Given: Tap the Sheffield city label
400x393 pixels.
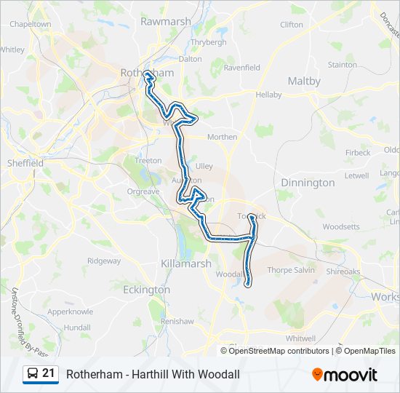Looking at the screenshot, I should coord(25,164).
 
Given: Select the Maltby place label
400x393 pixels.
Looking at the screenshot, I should coord(304,82).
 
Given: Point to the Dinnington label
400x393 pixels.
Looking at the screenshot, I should coord(308,183).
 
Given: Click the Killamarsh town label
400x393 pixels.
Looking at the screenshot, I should coord(185,263).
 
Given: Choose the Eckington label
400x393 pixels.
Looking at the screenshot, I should coord(146,290).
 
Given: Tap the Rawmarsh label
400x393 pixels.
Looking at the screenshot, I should coord(165,22).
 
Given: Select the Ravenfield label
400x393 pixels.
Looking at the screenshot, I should coord(242,68).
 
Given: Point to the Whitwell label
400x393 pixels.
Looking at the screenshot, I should coord(300,338).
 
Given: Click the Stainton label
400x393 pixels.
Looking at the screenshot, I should coord(343,65).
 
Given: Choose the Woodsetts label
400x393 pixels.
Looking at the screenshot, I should coord(341,227).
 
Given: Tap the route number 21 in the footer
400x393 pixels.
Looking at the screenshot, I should coord(49,374).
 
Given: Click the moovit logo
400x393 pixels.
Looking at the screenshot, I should coord(345,375).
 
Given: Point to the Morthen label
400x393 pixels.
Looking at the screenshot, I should coord(222,137).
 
